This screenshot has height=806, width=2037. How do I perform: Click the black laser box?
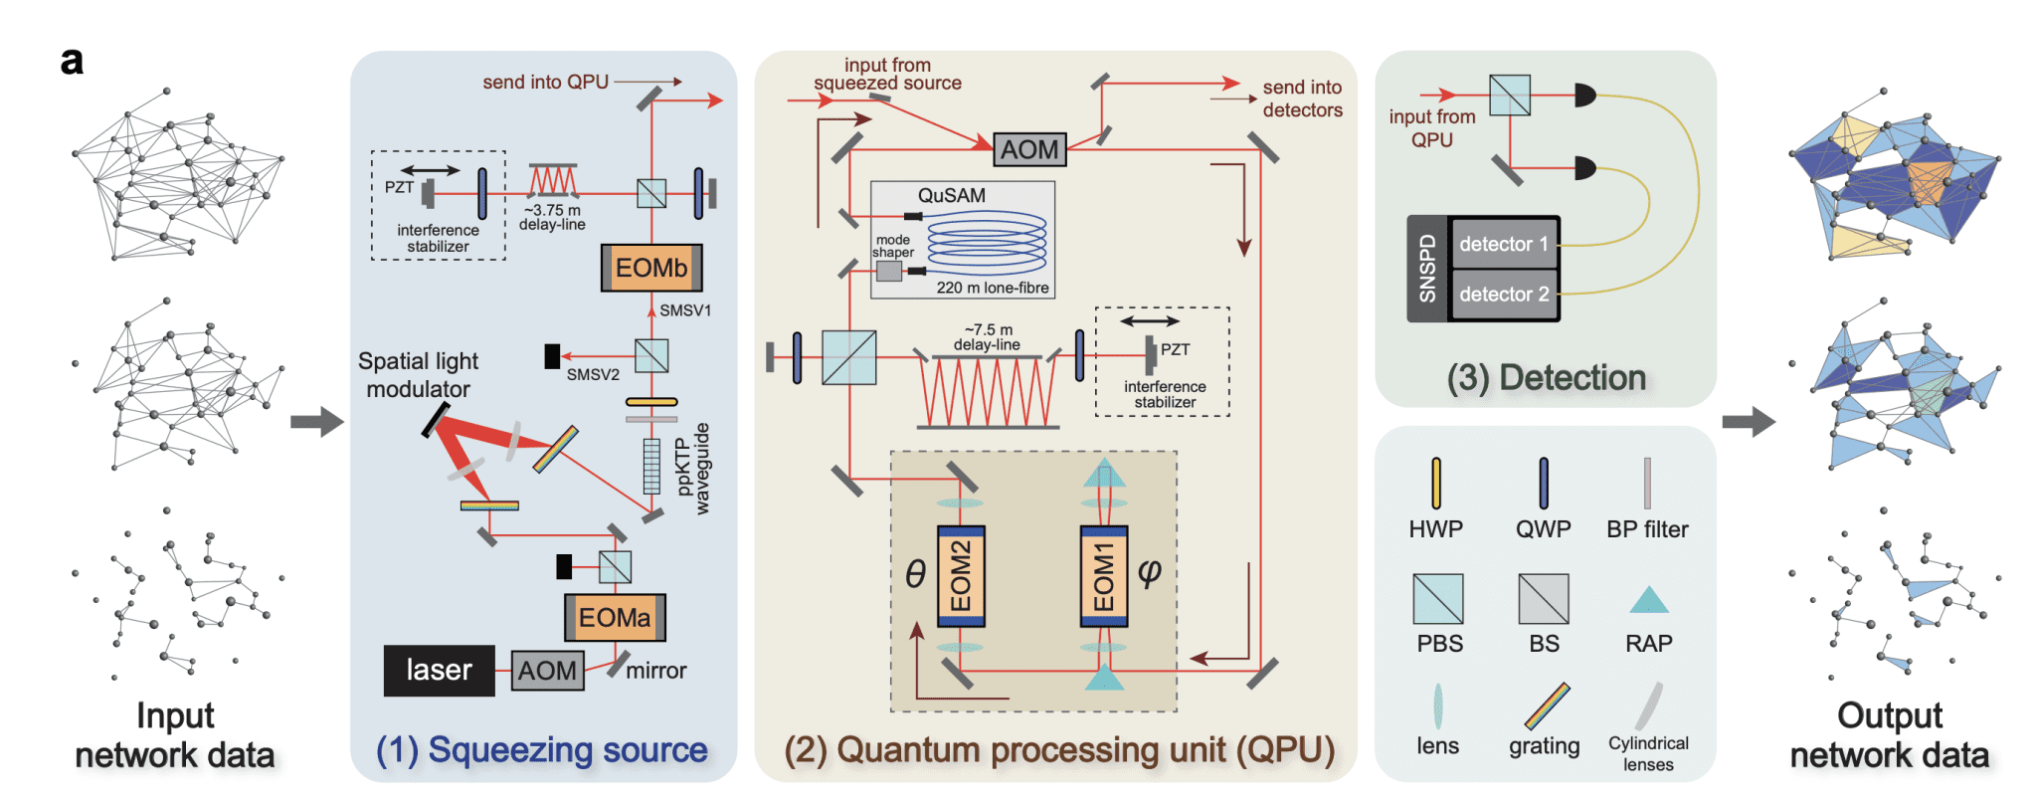pos(439,670)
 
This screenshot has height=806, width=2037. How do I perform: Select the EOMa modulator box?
pos(615,618)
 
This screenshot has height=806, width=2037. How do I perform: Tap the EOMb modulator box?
pos(651,268)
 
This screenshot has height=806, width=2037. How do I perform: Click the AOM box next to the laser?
pos(547,671)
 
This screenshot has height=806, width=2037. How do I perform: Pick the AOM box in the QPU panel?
pos(1029,149)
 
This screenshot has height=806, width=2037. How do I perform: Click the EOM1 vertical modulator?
pos(1104,576)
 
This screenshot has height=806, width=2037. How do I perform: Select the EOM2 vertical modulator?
pos(961,576)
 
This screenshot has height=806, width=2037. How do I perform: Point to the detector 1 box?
pos(1503,244)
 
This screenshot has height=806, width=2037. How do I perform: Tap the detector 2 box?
pos(1503,295)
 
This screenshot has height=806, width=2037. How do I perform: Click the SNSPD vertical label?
pos(1427,269)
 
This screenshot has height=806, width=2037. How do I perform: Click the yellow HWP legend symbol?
pos(1435,483)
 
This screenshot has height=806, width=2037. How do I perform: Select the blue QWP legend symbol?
pos(1543,483)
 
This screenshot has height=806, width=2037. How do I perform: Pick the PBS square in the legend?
pos(1438,598)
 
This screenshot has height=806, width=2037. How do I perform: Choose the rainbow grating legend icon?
pos(1547,705)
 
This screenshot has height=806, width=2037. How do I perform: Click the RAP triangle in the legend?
pos(1648,601)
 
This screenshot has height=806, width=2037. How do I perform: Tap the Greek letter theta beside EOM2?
pos(915,573)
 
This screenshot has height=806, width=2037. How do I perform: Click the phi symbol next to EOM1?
pos(1149,571)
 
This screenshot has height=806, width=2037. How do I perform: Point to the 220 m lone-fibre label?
pos(992,288)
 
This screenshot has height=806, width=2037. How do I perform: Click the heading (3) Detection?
pos(1546,378)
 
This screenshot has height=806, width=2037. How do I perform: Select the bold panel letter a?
pos(72,62)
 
